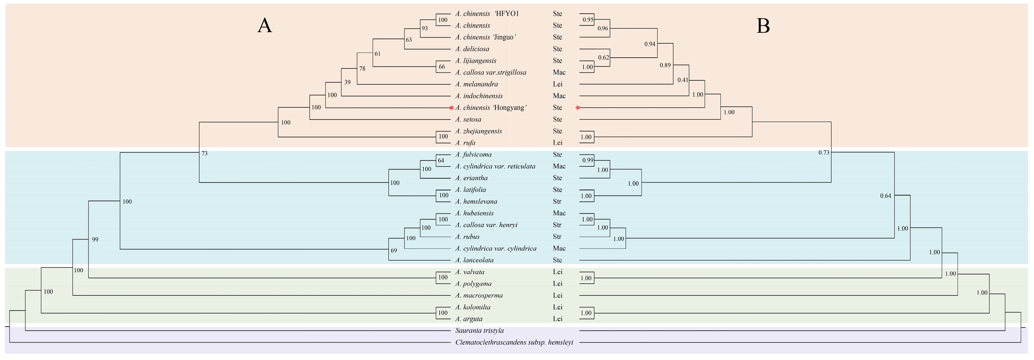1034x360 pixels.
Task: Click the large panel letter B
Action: [763, 26]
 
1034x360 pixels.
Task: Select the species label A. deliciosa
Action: [472, 49]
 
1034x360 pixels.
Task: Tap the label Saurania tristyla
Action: [479, 331]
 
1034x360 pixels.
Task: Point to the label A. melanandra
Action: [476, 84]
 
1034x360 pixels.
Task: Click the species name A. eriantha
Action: [471, 178]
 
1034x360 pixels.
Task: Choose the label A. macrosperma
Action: [479, 295]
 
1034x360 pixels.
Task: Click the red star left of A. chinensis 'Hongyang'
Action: [451, 108]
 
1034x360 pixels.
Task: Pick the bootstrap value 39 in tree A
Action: [347, 82]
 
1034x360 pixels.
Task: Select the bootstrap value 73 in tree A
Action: [204, 153]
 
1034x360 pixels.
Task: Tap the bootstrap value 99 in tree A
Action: [95, 240]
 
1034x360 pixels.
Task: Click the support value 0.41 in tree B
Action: [683, 80]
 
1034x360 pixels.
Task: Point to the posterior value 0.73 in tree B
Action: [824, 153]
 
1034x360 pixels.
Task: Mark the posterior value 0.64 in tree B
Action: [886, 196]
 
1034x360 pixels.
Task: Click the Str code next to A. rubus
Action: [557, 237]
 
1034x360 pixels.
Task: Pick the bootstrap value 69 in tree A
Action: [394, 251]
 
